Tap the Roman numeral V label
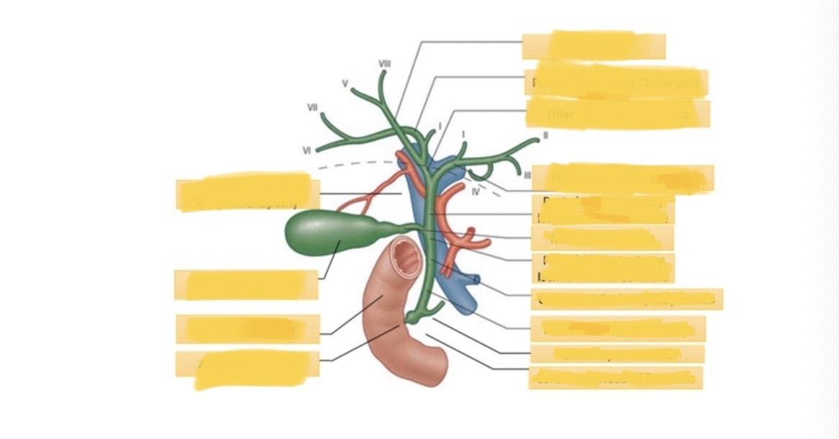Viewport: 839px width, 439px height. [x=346, y=83]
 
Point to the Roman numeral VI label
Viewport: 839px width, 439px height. [x=307, y=150]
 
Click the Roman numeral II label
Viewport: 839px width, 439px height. [x=545, y=134]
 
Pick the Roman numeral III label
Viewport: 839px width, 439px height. [x=527, y=174]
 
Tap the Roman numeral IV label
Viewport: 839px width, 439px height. [x=476, y=191]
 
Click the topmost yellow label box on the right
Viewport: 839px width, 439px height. [x=594, y=45]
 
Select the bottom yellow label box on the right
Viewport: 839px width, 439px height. [x=615, y=378]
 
